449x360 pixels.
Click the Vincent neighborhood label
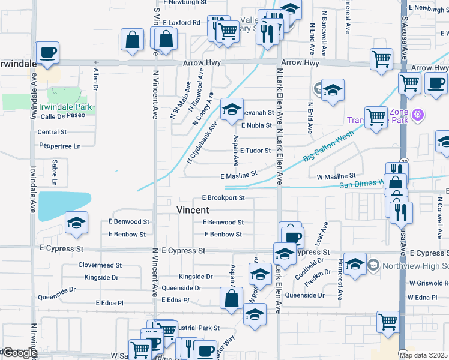pyautogui.click(x=193, y=210)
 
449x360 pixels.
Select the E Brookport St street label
pyautogui.click(x=223, y=197)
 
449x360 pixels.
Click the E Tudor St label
pyautogui.click(x=256, y=151)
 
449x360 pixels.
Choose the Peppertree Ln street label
pyautogui.click(x=59, y=146)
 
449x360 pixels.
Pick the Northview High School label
pyautogui.click(x=414, y=265)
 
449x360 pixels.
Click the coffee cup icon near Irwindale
pyautogui.click(x=47, y=52)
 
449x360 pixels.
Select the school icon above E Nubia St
pyautogui.click(x=232, y=109)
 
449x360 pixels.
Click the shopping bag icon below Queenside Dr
pyautogui.click(x=231, y=297)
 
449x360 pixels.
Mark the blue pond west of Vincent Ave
pyautogui.click(x=64, y=206)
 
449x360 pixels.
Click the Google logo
pyautogui.click(x=19, y=353)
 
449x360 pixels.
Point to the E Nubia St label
pyautogui.click(x=256, y=125)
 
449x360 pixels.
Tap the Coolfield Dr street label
pyautogui.click(x=309, y=262)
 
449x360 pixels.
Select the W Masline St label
pyautogui.click(x=336, y=176)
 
